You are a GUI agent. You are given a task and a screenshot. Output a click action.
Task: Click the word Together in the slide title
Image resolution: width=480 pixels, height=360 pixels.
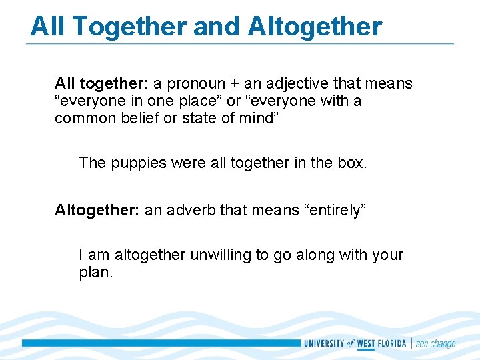tap(130, 27)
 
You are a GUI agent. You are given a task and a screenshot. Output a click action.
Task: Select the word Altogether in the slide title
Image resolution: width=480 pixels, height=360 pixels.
tap(315, 27)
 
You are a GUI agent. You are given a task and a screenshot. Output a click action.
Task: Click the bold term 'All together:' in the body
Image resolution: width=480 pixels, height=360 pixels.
tap(101, 84)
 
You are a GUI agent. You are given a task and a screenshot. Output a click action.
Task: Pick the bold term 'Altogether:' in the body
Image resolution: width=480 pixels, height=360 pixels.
tap(97, 211)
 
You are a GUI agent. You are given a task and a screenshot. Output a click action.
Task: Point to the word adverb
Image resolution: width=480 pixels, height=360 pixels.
tap(189, 211)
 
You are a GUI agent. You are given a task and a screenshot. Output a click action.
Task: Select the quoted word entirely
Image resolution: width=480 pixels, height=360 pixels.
tap(335, 211)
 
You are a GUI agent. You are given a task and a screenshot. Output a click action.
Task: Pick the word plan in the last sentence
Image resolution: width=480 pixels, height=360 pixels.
tap(94, 272)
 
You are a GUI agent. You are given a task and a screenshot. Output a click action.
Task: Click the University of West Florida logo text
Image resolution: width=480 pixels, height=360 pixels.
tap(355, 343)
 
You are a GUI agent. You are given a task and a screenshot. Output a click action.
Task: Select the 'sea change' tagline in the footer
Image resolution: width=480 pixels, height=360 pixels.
tap(435, 343)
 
